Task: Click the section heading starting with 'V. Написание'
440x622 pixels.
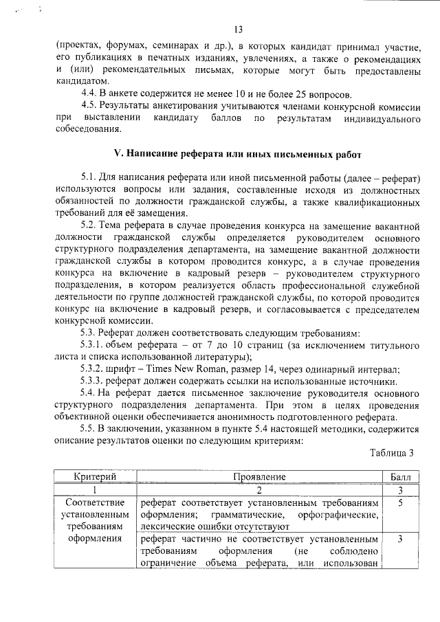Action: (x=228, y=155)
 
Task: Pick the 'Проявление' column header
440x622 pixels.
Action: (x=258, y=476)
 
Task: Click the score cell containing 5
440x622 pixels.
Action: (x=399, y=503)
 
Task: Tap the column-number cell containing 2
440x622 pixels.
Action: (x=258, y=490)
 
